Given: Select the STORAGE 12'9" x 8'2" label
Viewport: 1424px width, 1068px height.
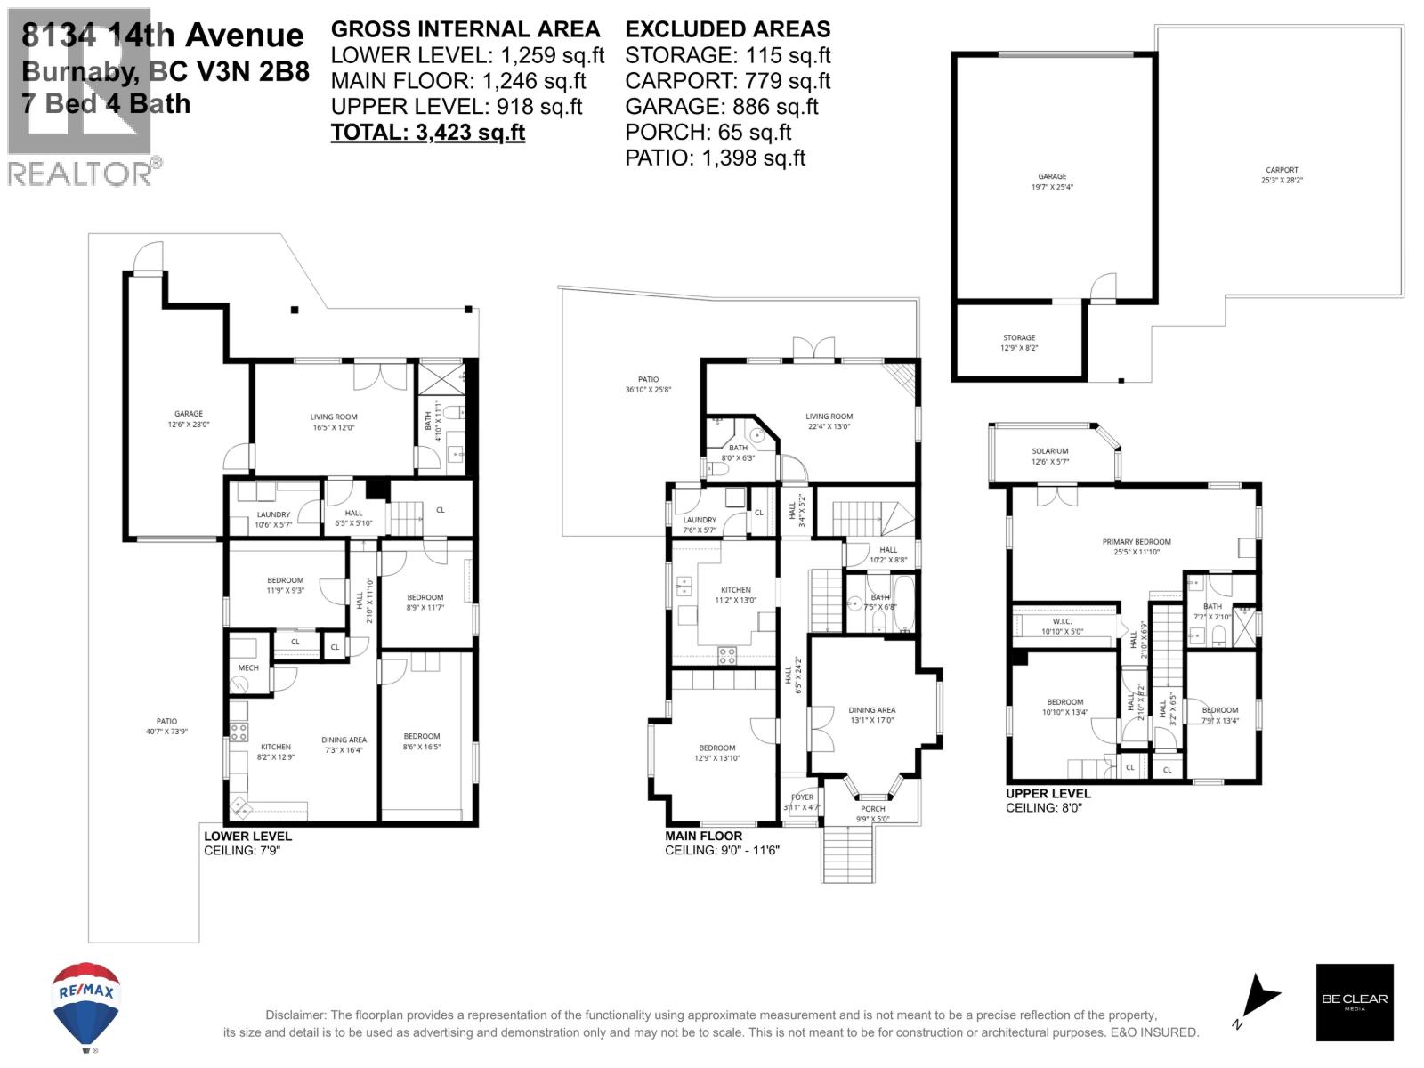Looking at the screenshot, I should [x=1019, y=343].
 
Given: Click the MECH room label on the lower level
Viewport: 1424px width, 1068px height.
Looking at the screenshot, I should [x=248, y=667].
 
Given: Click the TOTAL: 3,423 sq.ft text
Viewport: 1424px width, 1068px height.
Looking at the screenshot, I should [x=427, y=133].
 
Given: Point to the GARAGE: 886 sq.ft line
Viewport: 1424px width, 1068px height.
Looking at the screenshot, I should [x=721, y=107].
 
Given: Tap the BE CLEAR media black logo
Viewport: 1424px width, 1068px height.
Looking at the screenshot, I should [x=1354, y=1001].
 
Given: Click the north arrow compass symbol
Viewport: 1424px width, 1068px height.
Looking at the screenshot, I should [x=1258, y=999].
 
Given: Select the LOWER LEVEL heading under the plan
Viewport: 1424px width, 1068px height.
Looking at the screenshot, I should [x=247, y=836].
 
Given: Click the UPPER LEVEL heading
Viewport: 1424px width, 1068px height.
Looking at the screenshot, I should [x=1048, y=793].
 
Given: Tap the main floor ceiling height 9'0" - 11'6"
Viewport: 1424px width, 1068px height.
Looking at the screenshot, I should [x=722, y=850].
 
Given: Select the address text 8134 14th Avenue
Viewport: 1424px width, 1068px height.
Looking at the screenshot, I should [x=163, y=36].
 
